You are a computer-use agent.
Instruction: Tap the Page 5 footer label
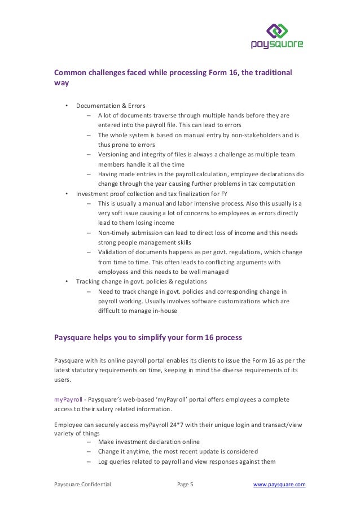(185, 484)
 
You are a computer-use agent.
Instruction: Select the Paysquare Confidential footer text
(82, 484)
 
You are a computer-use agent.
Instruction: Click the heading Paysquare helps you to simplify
(148, 338)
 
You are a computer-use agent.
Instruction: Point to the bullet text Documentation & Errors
(111, 106)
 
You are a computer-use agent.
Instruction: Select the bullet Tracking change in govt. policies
(142, 281)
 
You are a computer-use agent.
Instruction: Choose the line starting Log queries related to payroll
(186, 461)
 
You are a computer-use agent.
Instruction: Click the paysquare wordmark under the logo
(277, 44)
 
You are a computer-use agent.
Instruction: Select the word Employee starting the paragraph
(68, 424)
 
